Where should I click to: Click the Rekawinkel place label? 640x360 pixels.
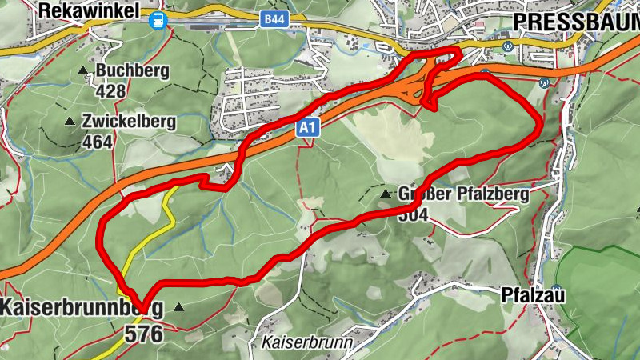[x=88, y=11]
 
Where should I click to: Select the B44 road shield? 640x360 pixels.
[x=274, y=18]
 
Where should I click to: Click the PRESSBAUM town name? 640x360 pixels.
[x=575, y=21]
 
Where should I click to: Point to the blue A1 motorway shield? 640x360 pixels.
[x=309, y=128]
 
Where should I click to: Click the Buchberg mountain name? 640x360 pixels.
[x=132, y=71]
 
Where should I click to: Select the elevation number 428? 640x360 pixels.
[x=110, y=90]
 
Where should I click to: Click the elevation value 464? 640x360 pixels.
[x=98, y=142]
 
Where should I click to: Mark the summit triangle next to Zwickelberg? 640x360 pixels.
[x=69, y=122]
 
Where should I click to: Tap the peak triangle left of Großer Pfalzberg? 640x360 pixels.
[x=386, y=194]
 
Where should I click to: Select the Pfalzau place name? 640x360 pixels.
[x=534, y=295]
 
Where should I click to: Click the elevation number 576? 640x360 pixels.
[x=143, y=334]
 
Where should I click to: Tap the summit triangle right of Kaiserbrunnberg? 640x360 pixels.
[x=178, y=306]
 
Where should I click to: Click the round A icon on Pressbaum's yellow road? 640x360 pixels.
[x=507, y=46]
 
